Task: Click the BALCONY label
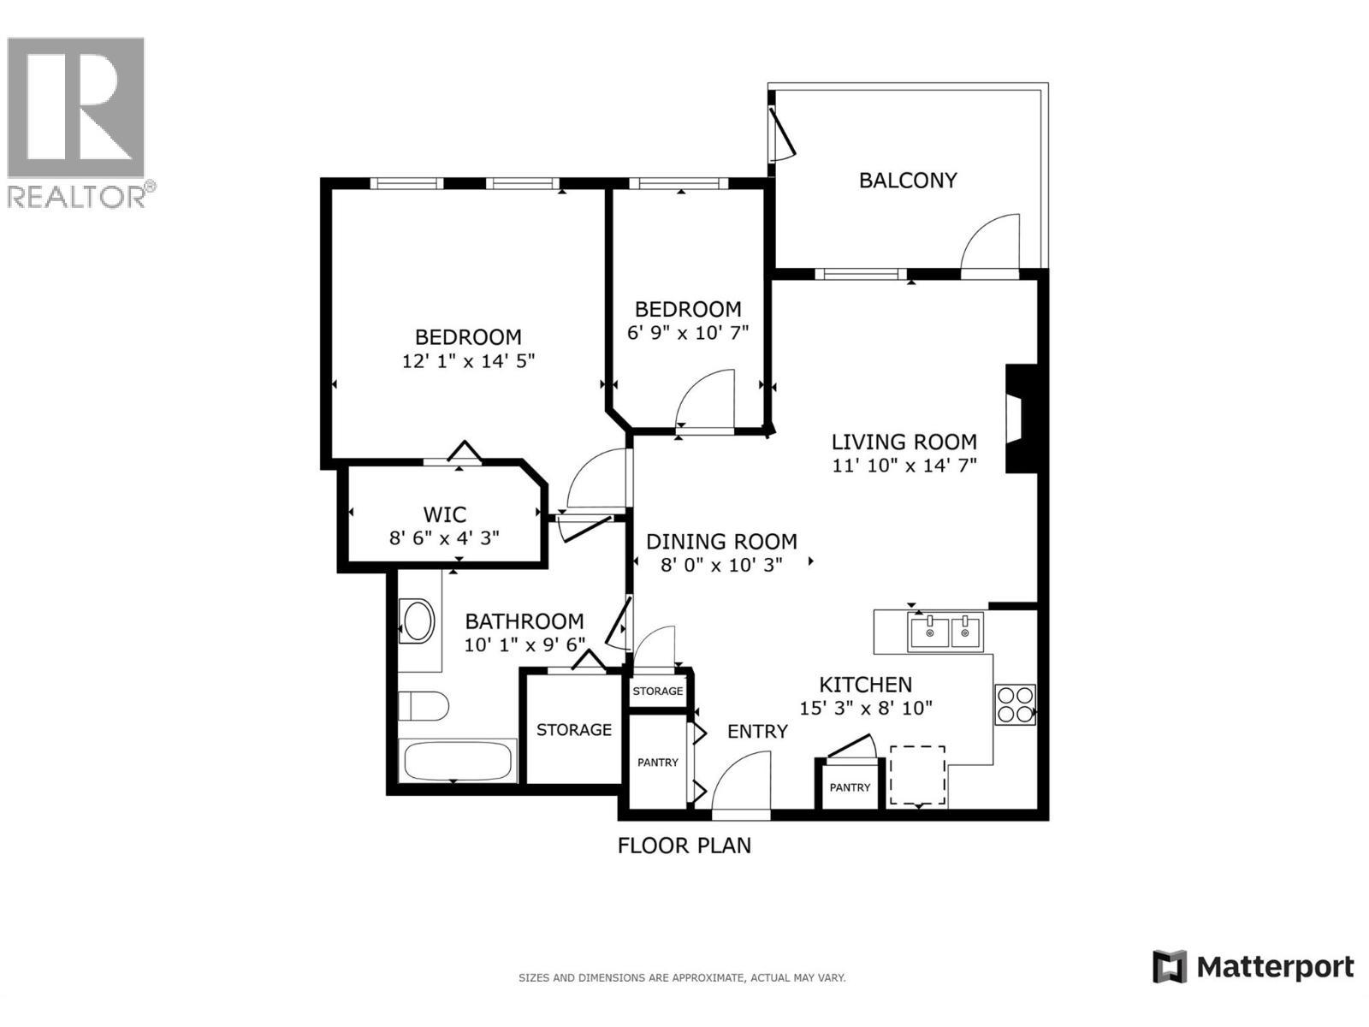(907, 181)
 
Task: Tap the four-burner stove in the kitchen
(1015, 704)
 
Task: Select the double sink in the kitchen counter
(946, 632)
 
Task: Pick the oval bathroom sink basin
(418, 621)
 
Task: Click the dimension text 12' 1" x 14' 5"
(468, 361)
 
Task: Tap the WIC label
(445, 514)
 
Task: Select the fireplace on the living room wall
(1020, 419)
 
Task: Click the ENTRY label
(757, 732)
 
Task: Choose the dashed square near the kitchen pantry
(917, 775)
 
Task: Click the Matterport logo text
(1275, 967)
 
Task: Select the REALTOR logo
(77, 120)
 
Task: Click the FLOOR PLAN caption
(684, 846)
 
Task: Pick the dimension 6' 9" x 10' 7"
(688, 332)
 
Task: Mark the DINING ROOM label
(721, 542)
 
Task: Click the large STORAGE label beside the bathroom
(573, 730)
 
